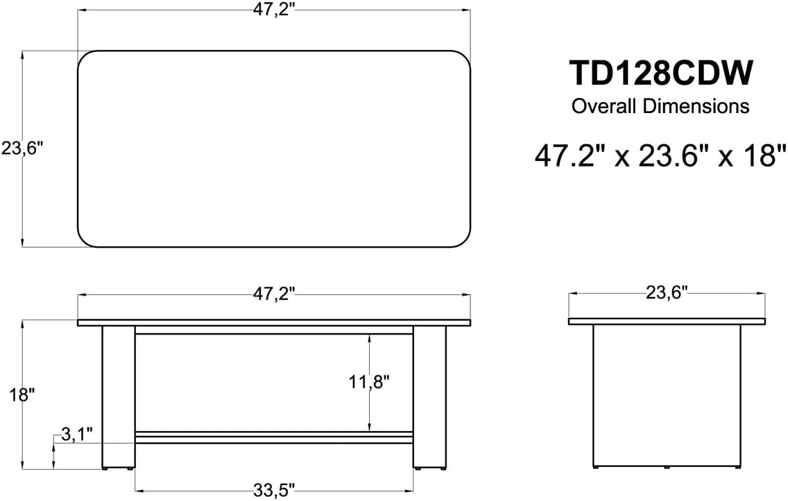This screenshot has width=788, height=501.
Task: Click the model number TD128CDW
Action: [660, 74]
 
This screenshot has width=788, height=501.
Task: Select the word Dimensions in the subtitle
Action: [695, 107]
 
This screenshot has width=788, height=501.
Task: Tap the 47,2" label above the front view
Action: [274, 294]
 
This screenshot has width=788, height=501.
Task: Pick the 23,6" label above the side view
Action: [666, 293]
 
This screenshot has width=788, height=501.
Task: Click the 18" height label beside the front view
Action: [22, 395]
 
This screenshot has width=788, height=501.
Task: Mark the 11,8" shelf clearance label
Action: [368, 381]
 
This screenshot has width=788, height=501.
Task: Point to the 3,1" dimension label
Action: [76, 435]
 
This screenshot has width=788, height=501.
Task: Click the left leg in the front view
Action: [119, 397]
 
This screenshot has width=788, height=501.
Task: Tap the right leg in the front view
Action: [429, 397]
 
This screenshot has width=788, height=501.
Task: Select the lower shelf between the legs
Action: [274, 438]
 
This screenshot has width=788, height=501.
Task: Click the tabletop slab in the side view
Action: [667, 321]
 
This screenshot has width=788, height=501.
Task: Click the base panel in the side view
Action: [667, 396]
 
